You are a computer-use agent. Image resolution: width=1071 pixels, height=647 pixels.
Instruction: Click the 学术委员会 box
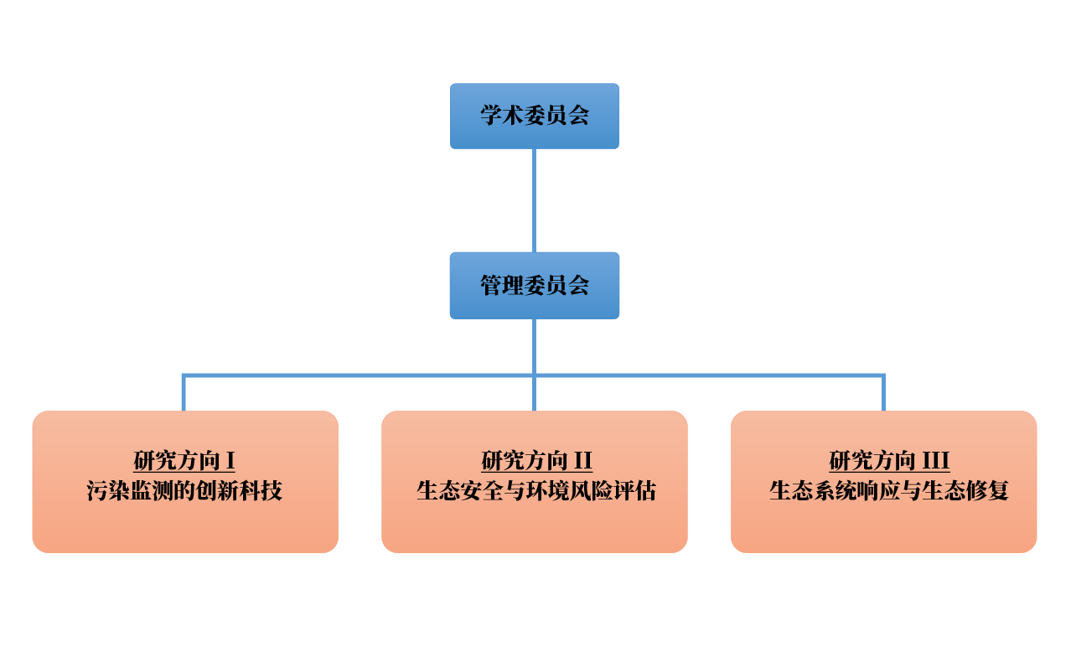535,116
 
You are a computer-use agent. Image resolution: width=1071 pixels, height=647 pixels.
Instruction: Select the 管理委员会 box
535,286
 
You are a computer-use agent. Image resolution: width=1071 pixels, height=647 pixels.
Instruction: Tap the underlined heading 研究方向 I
184,461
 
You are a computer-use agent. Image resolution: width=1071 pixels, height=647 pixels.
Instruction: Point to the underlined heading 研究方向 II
537,461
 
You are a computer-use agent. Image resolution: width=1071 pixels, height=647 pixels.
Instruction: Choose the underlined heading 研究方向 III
889,461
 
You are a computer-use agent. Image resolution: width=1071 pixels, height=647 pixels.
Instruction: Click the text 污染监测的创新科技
184,491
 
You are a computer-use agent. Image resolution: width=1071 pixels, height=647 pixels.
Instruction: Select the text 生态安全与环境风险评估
536,491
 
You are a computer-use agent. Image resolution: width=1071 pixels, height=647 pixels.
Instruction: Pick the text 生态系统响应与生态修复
889,491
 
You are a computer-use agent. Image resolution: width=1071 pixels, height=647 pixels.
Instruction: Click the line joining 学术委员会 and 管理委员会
535,201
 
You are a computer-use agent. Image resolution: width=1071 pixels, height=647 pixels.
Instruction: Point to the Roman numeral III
935,461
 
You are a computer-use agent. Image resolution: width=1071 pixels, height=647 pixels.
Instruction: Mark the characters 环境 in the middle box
556,491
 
